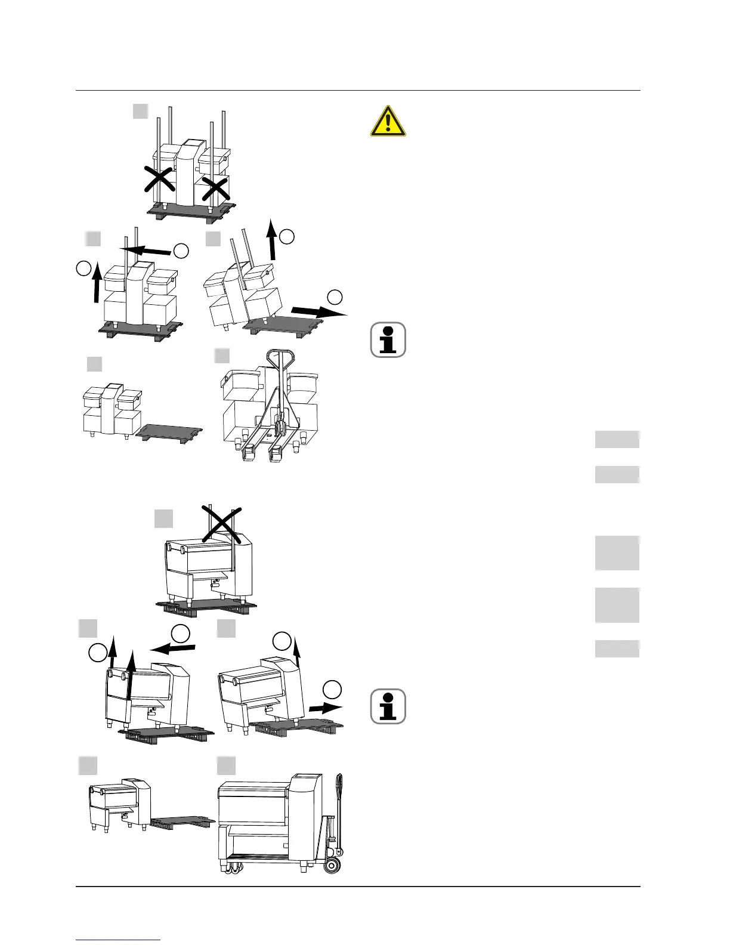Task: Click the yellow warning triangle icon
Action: pyautogui.click(x=388, y=122)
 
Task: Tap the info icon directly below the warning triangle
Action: pyautogui.click(x=388, y=340)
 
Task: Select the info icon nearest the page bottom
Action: pyautogui.click(x=388, y=706)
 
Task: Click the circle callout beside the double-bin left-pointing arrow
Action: pyautogui.click(x=181, y=251)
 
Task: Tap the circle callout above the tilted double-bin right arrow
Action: pyautogui.click(x=336, y=296)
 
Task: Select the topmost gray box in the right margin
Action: pyautogui.click(x=617, y=439)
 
